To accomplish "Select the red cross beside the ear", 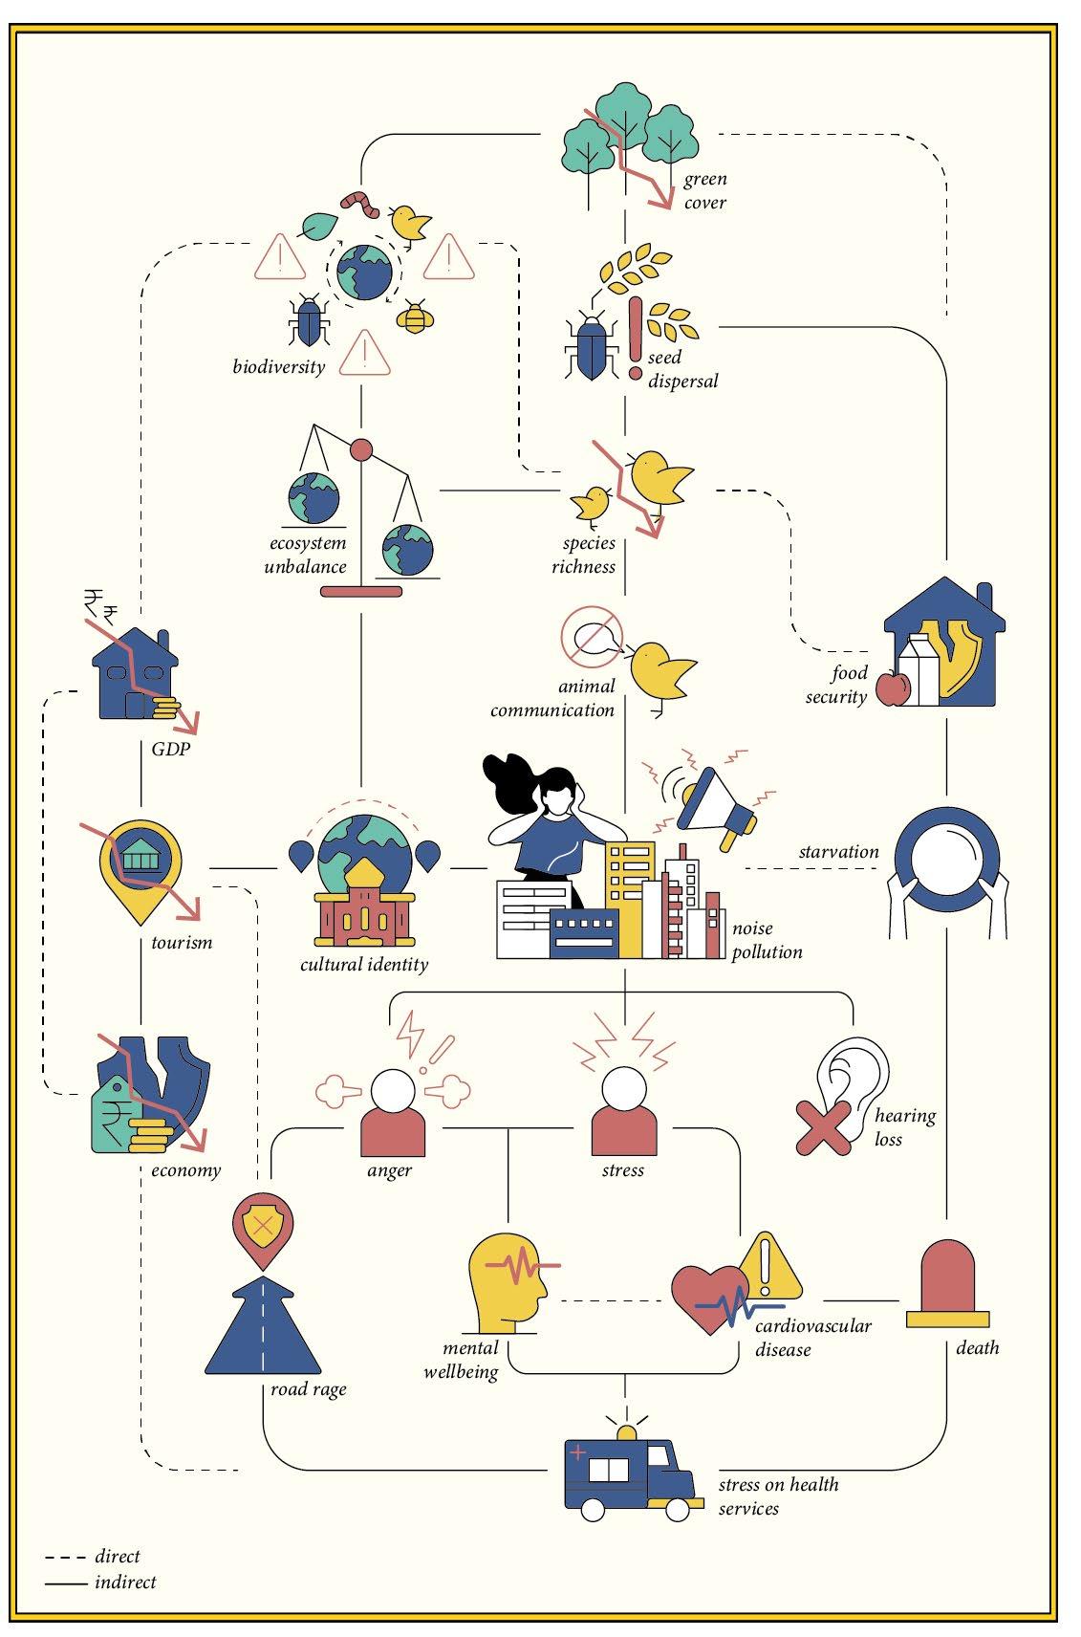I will point(822,1125).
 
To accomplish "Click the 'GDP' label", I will point(171,749).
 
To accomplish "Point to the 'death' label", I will point(977,1347).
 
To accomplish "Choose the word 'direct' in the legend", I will point(118,1557).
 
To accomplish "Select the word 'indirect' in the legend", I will point(125,1582).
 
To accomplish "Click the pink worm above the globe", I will point(360,201).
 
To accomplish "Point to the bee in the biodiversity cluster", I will point(414,316).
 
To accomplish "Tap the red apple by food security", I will point(892,688).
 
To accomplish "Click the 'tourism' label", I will point(182,942).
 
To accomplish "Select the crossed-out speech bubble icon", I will point(591,634).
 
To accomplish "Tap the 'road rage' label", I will point(308,1388).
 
